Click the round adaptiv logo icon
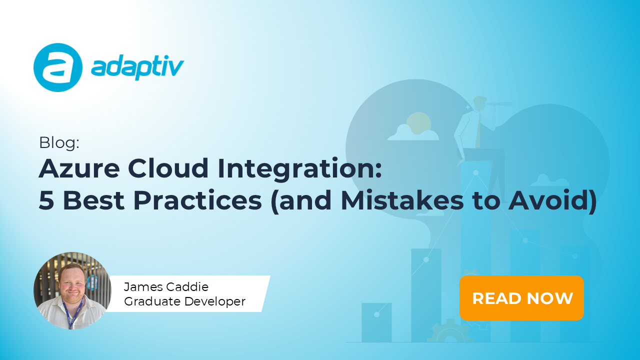57,67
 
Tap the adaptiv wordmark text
137,67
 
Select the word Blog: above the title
59,143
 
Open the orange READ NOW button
522,298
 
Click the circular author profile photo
72,290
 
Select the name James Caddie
166,287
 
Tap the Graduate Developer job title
184,301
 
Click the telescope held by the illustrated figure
498,104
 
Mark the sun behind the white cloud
418,122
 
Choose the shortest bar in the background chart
376,322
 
